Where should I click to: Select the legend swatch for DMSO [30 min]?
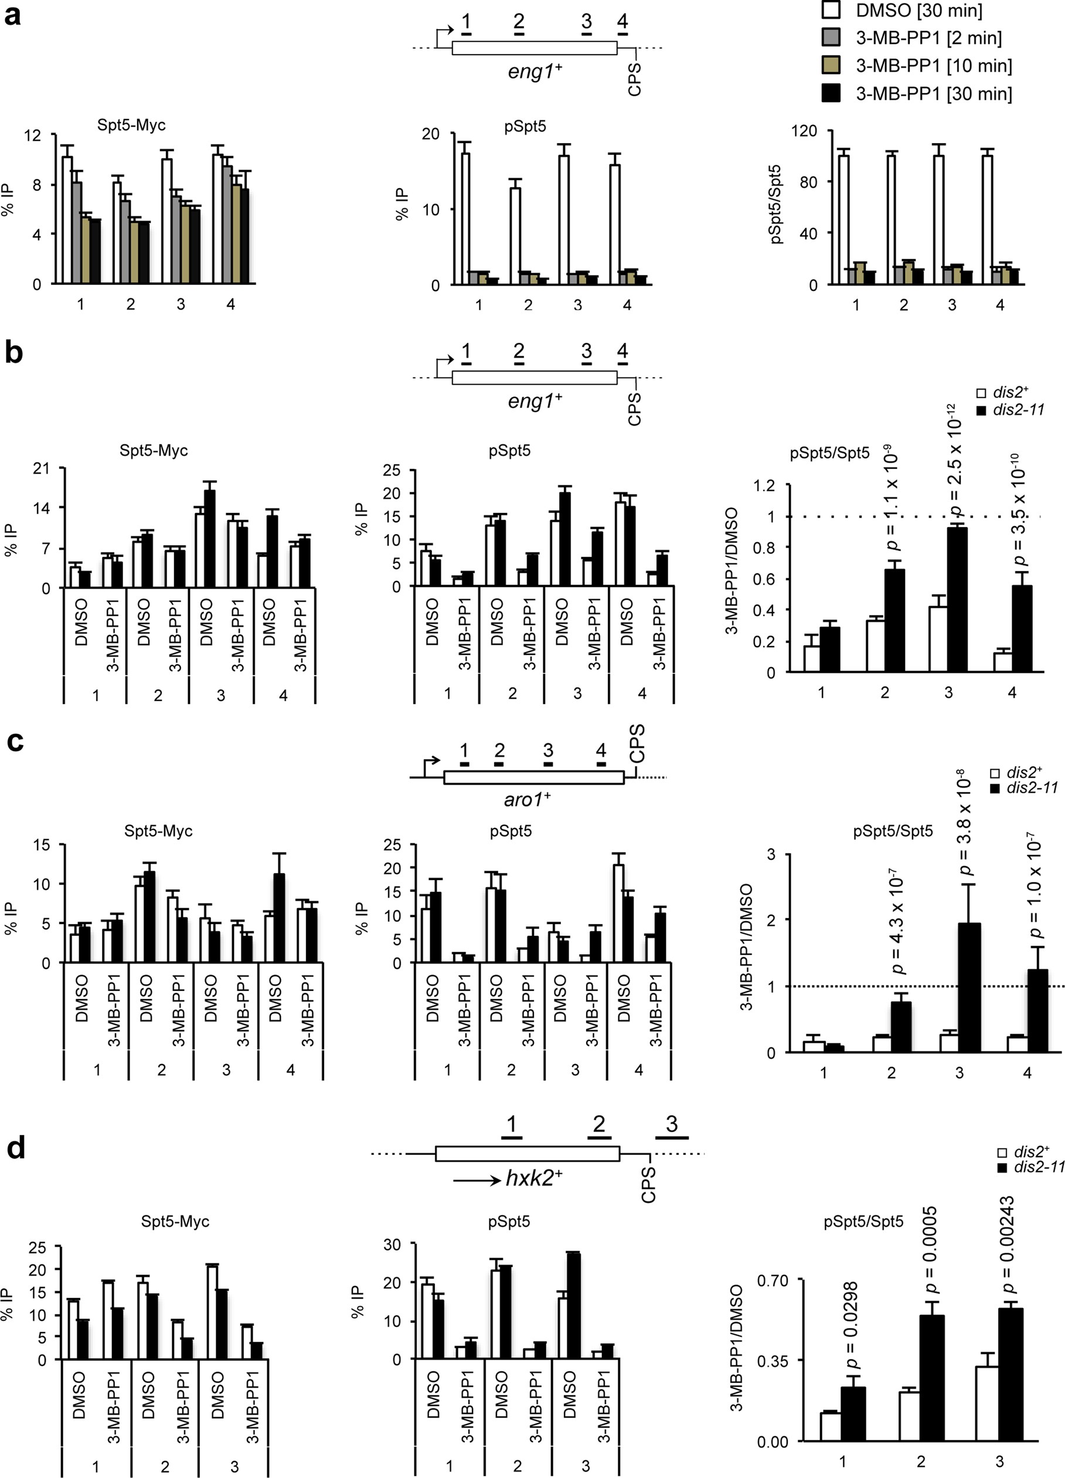[832, 11]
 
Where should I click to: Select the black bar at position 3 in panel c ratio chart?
[969, 987]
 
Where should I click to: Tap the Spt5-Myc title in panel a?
[131, 125]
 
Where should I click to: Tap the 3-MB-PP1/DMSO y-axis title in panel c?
[747, 947]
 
